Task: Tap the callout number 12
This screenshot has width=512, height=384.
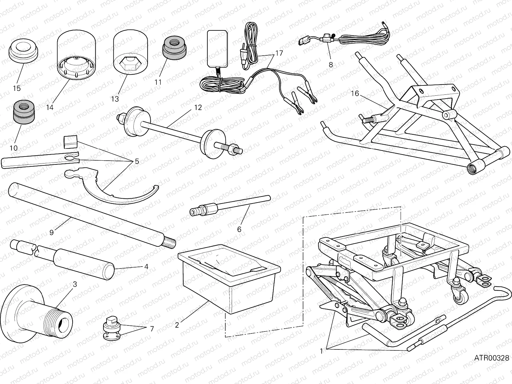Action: pyautogui.click(x=198, y=108)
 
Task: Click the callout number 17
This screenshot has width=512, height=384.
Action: pyautogui.click(x=279, y=53)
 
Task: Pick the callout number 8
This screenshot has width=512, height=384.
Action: pyautogui.click(x=331, y=65)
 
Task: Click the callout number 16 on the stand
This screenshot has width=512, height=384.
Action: pyautogui.click(x=355, y=93)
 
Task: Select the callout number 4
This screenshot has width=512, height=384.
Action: pyautogui.click(x=146, y=266)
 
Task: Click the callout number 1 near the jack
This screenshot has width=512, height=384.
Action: pyautogui.click(x=321, y=351)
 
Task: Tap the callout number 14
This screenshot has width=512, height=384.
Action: pyautogui.click(x=49, y=108)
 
